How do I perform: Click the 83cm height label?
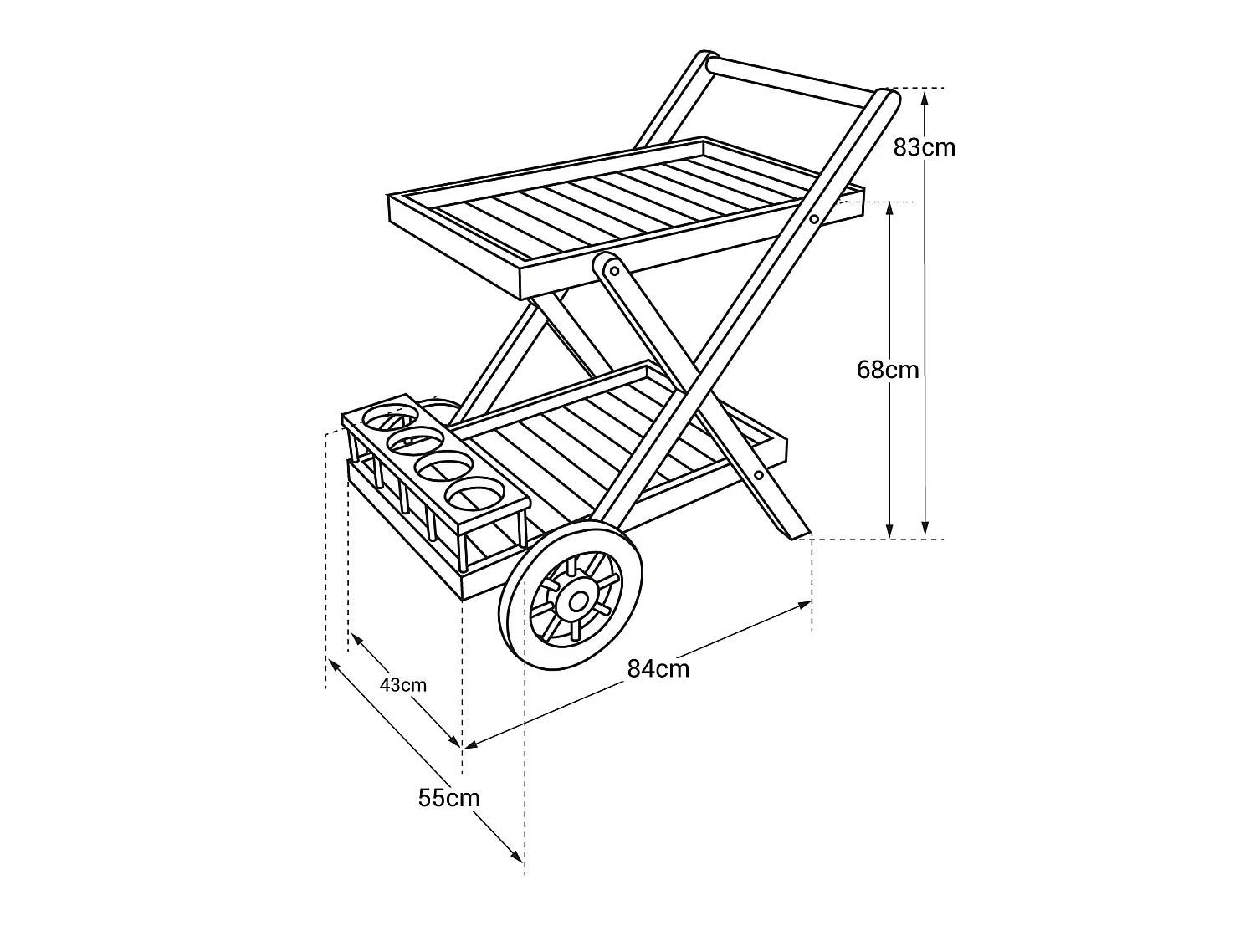924,148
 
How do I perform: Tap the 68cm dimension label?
888,371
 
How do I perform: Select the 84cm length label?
658,668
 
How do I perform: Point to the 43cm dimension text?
403,685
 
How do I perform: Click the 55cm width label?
448,798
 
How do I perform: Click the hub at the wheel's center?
577,601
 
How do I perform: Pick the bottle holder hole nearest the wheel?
476,493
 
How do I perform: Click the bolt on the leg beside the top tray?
813,219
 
